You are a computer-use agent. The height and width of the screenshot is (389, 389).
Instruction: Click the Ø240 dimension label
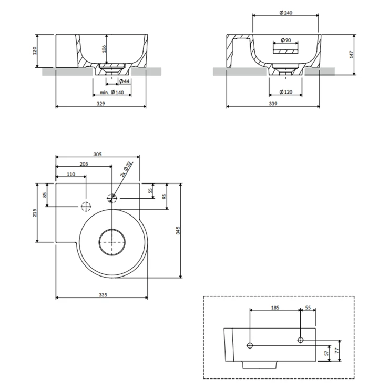coord(285,13)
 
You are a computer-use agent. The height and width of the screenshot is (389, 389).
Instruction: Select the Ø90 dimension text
coord(286,40)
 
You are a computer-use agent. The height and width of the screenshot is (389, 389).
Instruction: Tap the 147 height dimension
coord(351,55)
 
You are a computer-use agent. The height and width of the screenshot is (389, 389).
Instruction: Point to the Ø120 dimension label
coord(285,92)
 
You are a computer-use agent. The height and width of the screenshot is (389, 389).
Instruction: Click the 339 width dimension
coord(273,104)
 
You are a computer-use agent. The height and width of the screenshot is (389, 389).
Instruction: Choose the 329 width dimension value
coord(101,104)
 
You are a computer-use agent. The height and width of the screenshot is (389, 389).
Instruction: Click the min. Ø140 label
coord(112,93)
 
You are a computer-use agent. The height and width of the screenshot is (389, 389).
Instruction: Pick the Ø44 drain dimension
coord(125,81)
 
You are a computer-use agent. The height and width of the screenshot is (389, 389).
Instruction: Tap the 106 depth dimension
coord(104,49)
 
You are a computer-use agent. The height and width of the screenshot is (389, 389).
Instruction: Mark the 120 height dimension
coord(35,51)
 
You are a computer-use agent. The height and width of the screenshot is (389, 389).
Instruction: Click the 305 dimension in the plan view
coord(97,155)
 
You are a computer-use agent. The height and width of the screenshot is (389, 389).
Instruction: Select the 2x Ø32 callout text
coord(126,169)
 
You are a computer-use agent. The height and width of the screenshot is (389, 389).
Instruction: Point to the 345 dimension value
coord(178,230)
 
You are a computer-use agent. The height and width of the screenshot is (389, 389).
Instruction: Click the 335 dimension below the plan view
coord(103,295)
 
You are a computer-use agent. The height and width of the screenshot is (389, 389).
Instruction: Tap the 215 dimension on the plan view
coord(35,212)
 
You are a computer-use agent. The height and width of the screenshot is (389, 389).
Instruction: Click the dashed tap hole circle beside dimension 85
coord(86,207)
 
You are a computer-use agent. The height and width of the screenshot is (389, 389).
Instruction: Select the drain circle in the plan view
coord(112,242)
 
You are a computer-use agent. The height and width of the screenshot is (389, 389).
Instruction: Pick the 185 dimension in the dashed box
coord(275,308)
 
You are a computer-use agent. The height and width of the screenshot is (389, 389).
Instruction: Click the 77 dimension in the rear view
coord(336,351)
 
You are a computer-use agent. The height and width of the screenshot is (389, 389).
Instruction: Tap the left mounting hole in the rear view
coord(250,345)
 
